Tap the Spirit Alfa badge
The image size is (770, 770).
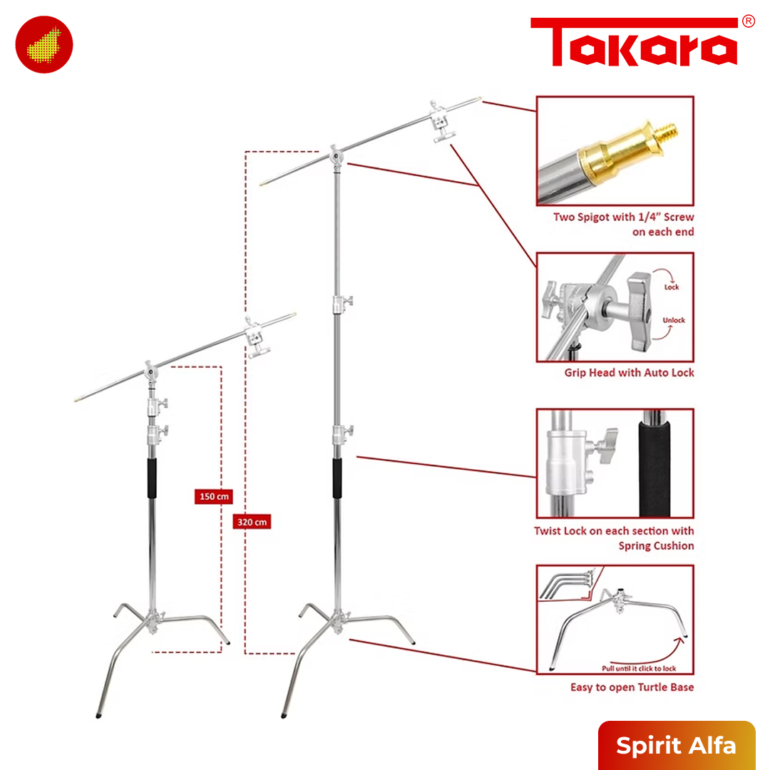[x=676, y=745]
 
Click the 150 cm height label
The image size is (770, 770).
[x=214, y=496]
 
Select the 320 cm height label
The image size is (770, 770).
[x=252, y=522]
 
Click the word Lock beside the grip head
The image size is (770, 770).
[x=672, y=287]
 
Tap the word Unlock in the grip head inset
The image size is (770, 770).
[x=673, y=320]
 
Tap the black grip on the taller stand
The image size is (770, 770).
[x=337, y=478]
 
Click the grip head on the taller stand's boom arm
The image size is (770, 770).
[x=442, y=123]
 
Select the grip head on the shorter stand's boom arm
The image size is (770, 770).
[x=257, y=340]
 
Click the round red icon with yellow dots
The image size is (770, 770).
[x=43, y=44]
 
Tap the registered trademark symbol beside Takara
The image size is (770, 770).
[x=748, y=21]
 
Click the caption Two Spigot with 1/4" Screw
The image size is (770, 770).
[x=623, y=217]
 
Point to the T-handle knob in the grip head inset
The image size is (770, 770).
[x=642, y=309]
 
